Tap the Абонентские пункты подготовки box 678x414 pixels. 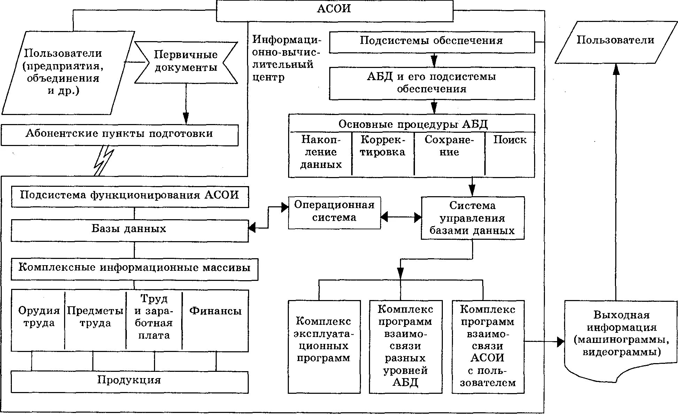pos(120,135)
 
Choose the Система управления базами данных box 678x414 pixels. pos(472,218)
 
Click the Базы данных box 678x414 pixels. pos(129,230)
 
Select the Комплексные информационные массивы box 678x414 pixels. pos(134,269)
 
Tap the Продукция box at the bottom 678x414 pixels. pos(129,382)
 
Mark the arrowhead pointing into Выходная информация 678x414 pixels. pos(560,342)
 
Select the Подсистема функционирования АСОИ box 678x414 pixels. pos(130,197)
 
